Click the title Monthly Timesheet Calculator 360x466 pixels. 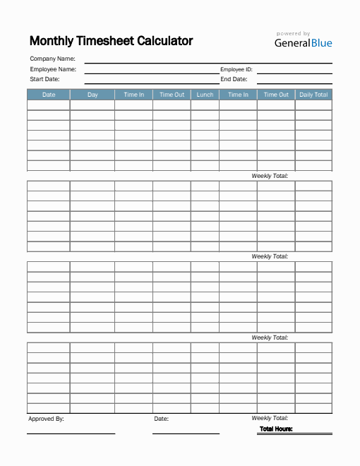tap(111, 41)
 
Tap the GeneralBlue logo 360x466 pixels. tap(303, 42)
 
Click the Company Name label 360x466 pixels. tap(52, 59)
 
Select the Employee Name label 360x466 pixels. tap(53, 69)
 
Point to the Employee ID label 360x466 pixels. tap(236, 69)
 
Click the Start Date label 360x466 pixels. tap(44, 79)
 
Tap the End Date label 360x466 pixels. tap(234, 79)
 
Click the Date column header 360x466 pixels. tap(49, 95)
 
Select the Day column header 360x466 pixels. tap(92, 95)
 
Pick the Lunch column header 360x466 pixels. tap(205, 95)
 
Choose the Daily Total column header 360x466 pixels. tap(313, 95)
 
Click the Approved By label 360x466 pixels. tap(46, 419)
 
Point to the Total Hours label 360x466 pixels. tap(276, 429)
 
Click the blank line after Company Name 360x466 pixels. tap(208, 63)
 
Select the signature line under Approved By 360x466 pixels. tap(71, 433)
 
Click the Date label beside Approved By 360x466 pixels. tap(161, 419)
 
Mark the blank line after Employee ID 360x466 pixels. tap(294, 73)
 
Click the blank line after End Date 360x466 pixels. tap(294, 83)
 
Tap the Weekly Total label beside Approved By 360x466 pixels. tap(270, 418)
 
